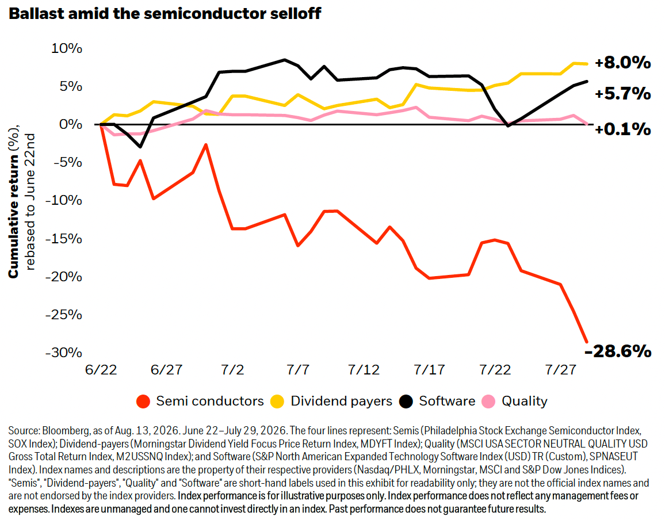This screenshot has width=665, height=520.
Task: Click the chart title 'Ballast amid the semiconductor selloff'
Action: coord(165,14)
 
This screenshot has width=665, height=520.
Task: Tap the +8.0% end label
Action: coord(622,62)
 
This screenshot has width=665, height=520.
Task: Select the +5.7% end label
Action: coord(622,93)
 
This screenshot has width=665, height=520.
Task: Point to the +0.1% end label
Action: coord(622,129)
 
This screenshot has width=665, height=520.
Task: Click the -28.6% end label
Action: coord(617,351)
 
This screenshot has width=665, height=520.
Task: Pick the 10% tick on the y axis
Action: coord(67,48)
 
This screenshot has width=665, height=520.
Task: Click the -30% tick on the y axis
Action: coord(64,353)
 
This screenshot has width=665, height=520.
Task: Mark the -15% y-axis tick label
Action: coord(64,238)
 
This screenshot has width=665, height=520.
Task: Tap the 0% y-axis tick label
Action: coord(70,124)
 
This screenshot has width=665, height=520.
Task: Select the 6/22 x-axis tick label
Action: coord(101,370)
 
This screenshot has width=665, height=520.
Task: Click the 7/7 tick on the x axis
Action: coord(298,370)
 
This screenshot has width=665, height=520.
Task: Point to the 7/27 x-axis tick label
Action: coord(560,370)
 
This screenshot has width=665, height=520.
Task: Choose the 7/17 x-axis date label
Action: coord(429,370)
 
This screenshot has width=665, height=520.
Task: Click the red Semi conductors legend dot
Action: coord(143,402)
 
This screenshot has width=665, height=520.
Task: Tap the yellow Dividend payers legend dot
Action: coord(277,402)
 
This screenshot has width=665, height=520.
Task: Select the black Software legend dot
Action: coord(406,402)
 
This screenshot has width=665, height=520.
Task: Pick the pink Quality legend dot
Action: coord(488,402)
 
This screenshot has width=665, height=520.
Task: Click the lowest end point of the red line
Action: coord(587,342)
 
